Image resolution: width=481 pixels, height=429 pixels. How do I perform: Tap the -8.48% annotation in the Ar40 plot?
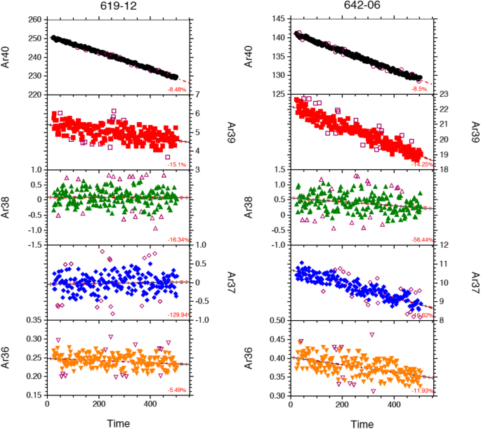click(x=177, y=89)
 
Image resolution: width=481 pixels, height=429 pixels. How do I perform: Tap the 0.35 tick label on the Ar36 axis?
click(x=32, y=320)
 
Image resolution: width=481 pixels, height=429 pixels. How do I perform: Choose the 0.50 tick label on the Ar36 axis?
click(x=276, y=320)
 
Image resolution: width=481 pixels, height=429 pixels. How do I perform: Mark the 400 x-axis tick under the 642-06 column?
click(x=394, y=406)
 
